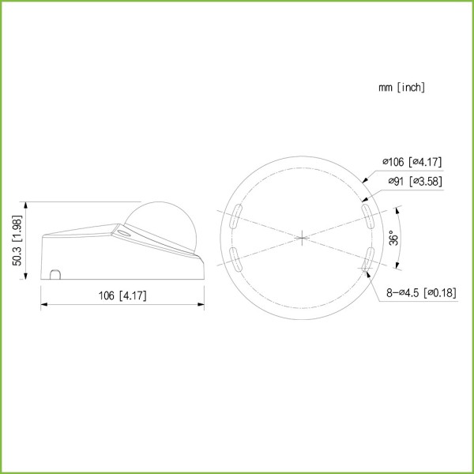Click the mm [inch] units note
[402, 88]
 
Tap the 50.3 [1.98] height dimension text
[17, 240]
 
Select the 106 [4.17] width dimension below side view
[122, 295]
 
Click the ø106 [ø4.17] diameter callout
[412, 162]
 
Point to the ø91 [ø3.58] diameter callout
[415, 182]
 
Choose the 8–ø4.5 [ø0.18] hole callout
[421, 292]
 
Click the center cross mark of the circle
[302, 238]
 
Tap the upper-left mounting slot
[235, 216]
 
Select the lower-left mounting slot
[235, 259]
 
